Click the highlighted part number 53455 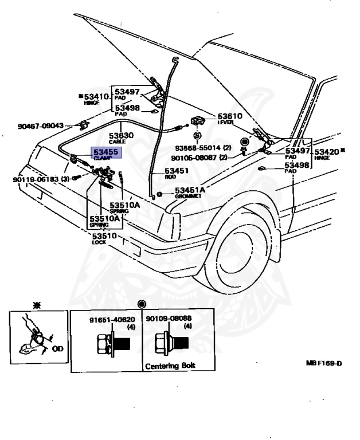[x=105, y=152]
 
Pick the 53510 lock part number [x=105, y=235]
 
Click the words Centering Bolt [x=166, y=366]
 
